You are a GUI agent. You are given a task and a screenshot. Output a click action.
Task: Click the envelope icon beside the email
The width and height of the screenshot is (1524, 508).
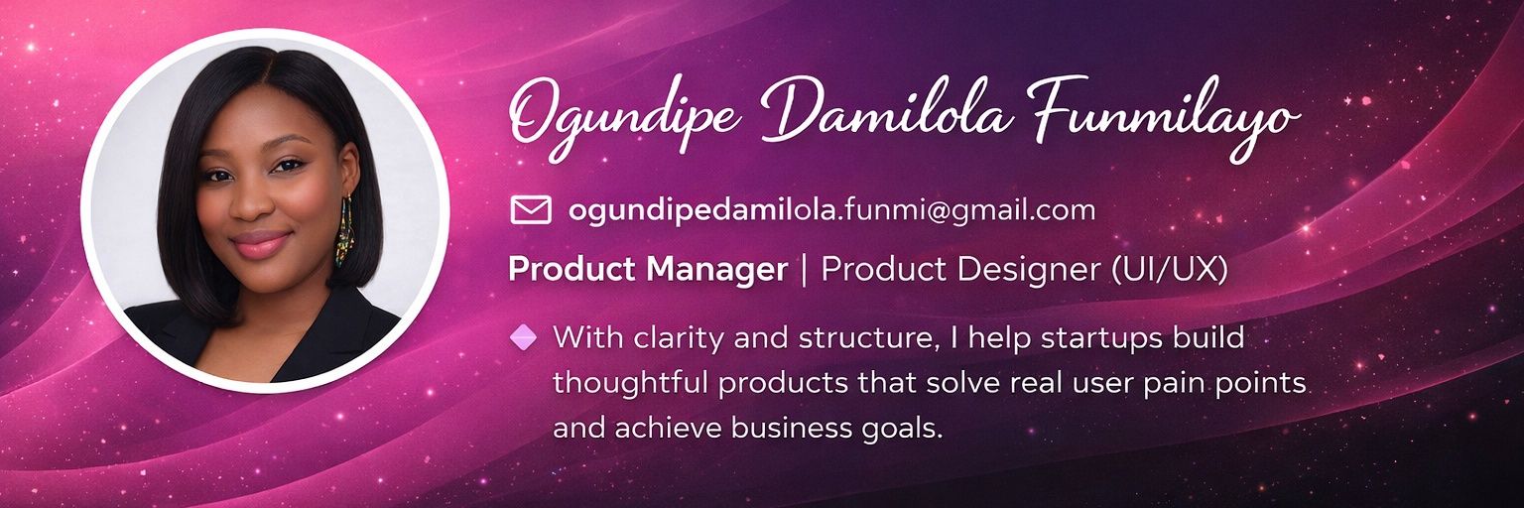tap(530, 210)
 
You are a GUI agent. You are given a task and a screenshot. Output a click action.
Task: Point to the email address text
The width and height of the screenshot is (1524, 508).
tap(831, 210)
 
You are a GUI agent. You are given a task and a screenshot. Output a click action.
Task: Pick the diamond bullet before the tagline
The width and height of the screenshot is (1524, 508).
tap(523, 337)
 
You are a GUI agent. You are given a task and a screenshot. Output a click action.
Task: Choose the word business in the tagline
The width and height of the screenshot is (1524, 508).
tap(788, 429)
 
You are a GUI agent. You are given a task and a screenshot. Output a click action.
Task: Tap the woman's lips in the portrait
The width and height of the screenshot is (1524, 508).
tap(260, 243)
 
